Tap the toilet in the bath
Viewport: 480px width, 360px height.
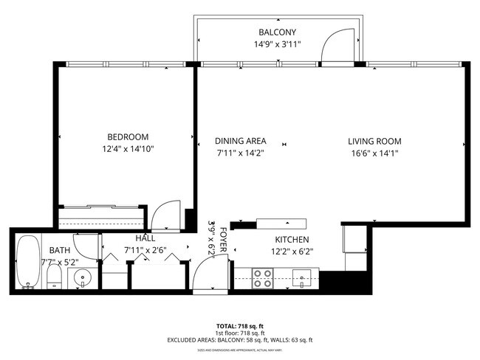click(54, 277)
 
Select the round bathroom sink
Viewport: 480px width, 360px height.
click(82, 278)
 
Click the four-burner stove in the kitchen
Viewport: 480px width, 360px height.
click(262, 277)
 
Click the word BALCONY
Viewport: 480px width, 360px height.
click(277, 32)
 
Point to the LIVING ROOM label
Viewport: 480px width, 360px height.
click(375, 141)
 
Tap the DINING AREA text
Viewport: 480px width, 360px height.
click(240, 141)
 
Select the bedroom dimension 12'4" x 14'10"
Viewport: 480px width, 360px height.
click(128, 149)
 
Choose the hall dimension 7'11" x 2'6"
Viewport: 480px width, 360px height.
click(145, 251)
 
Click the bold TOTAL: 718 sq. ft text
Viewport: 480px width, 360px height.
click(239, 325)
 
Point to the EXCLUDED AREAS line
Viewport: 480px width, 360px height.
click(239, 339)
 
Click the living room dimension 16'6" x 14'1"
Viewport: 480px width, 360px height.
click(375, 153)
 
